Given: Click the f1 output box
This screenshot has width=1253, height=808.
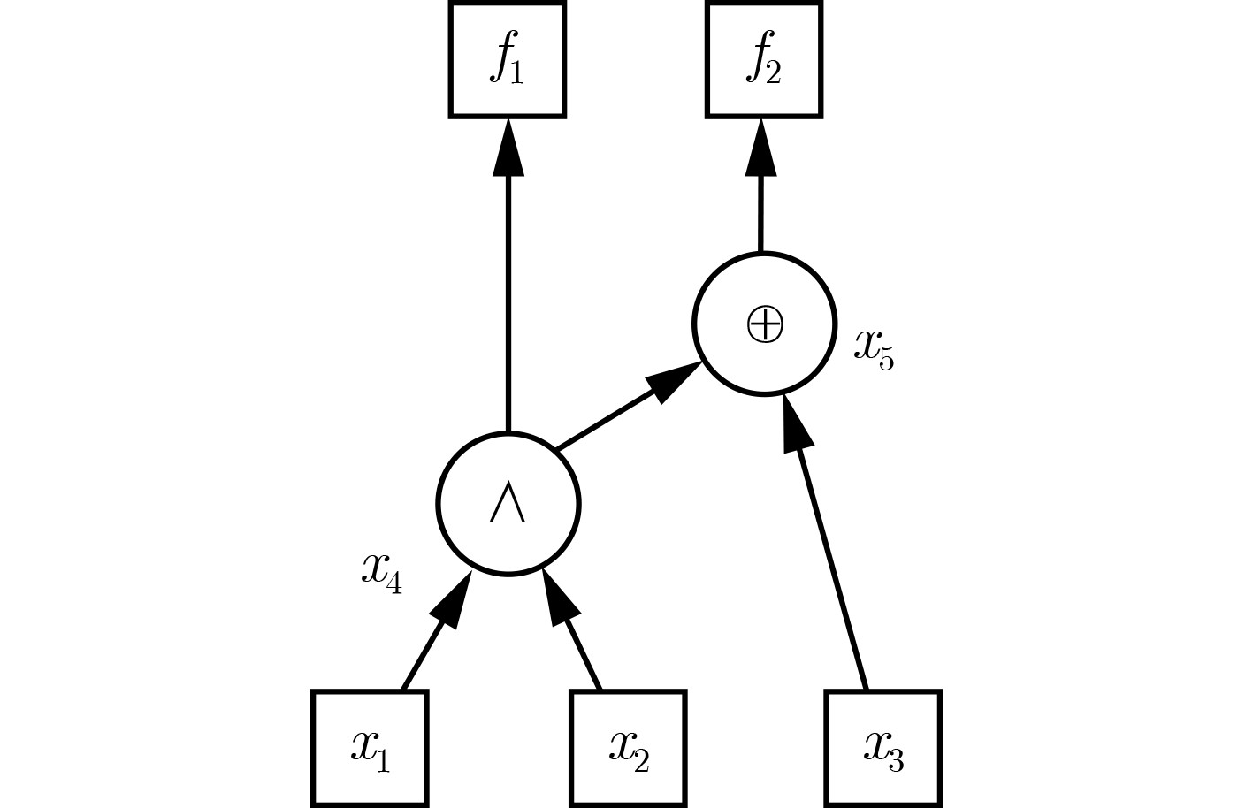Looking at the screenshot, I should coord(508,60).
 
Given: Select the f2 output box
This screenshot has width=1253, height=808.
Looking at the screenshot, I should coord(763,60).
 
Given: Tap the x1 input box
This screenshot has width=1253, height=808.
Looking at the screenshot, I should coord(370,748).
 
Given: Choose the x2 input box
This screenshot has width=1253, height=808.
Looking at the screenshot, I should coord(628,748).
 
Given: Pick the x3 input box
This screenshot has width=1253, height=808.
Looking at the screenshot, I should coord(883,748).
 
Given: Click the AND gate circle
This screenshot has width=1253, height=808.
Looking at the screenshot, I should coord(508,504).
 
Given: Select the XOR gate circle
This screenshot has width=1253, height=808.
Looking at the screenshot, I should coord(765,324).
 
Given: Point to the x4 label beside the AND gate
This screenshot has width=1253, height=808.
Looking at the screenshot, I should coord(381,573).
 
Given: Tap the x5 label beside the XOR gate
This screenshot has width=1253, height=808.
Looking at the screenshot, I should coord(874,348).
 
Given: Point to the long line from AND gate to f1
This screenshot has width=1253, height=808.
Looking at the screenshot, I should coord(508,301).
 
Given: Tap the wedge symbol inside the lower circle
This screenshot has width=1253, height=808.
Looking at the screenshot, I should coord(508,504).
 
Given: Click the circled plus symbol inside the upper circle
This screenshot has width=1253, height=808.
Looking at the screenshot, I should coord(765,324).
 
